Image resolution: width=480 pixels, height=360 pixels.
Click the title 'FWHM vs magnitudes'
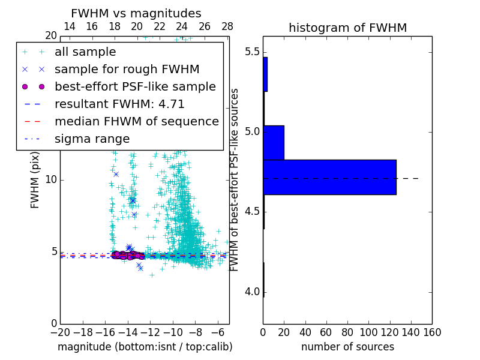(x=136, y=14)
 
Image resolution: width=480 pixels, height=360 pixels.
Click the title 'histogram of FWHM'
(x=347, y=28)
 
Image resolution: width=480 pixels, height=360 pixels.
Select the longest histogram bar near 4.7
(x=329, y=177)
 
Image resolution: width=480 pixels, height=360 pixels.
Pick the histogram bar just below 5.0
(x=274, y=143)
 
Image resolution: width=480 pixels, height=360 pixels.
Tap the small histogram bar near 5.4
(x=265, y=74)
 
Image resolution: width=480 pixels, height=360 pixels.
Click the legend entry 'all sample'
(x=85, y=52)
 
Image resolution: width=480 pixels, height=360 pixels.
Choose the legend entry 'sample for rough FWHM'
(x=127, y=69)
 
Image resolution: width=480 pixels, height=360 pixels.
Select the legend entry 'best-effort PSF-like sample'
(x=135, y=86)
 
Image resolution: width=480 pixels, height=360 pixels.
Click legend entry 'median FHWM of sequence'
(x=136, y=121)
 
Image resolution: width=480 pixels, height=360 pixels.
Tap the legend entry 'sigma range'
(x=92, y=139)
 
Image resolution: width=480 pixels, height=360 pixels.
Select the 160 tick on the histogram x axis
(x=431, y=332)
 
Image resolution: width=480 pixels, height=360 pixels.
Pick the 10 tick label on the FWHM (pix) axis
(x=51, y=180)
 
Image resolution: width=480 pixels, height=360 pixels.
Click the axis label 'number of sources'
(x=347, y=347)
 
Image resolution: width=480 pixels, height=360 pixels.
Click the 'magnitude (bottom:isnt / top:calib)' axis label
(x=145, y=347)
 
